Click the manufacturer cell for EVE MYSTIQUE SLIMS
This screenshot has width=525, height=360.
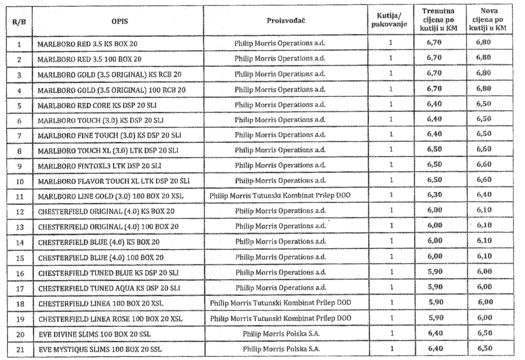280,346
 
